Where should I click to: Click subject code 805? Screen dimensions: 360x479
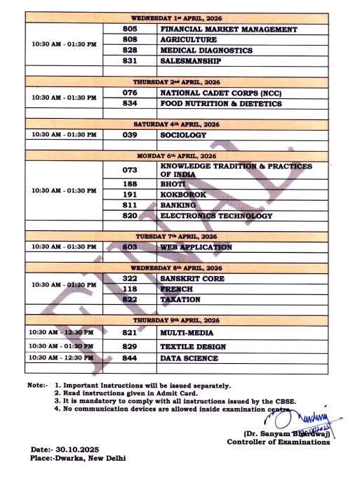[x=129, y=29]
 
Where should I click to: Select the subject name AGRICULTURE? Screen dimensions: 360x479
[x=187, y=40]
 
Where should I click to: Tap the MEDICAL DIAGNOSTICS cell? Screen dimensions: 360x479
[x=207, y=51]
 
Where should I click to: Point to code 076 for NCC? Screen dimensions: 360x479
[x=129, y=93]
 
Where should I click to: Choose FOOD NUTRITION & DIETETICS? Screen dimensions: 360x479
[x=221, y=104]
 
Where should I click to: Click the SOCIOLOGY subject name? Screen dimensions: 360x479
[x=183, y=135]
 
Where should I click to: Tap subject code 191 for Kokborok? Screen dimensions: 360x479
[x=129, y=194]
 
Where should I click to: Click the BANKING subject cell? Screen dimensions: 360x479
[x=180, y=205]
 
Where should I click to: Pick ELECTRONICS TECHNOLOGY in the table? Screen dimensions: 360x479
[x=216, y=216]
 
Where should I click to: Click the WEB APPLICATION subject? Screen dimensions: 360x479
[x=196, y=247]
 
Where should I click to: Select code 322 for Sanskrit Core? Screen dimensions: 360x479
[x=129, y=278]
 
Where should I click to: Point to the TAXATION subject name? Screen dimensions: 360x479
[x=182, y=298]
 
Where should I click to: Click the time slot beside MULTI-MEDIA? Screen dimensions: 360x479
[x=62, y=332]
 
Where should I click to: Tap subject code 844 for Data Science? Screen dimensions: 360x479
[x=129, y=358]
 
